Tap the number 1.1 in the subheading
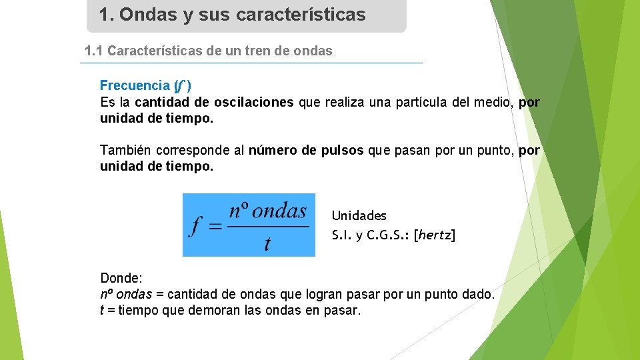[94, 51]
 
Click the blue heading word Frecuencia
[135, 85]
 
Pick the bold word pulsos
[343, 150]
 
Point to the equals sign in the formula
[215, 227]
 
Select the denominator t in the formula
[267, 244]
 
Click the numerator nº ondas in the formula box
[267, 212]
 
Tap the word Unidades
[359, 215]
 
